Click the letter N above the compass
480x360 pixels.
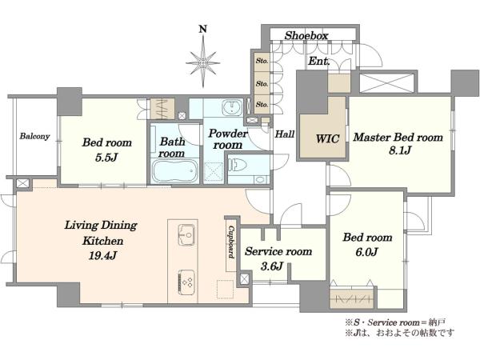(x=203, y=29)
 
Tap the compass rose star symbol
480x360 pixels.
(x=203, y=63)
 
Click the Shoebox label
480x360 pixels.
(x=306, y=35)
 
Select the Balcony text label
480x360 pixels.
(x=34, y=136)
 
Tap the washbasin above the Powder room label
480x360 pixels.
(x=232, y=108)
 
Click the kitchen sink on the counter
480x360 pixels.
(x=186, y=234)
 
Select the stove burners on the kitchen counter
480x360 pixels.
(x=186, y=282)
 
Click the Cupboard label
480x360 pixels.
(x=231, y=242)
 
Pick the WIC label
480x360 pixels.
(x=327, y=138)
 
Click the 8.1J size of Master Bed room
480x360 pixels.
(x=401, y=150)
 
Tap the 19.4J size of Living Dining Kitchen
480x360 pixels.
(x=102, y=255)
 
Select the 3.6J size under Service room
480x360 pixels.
(x=272, y=266)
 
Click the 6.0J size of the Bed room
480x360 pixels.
(x=366, y=252)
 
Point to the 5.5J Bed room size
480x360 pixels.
(x=106, y=158)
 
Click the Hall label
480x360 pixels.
(x=285, y=134)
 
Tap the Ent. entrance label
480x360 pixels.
(x=319, y=62)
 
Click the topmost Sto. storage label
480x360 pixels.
(x=262, y=61)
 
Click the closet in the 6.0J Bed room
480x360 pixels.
(x=352, y=298)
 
